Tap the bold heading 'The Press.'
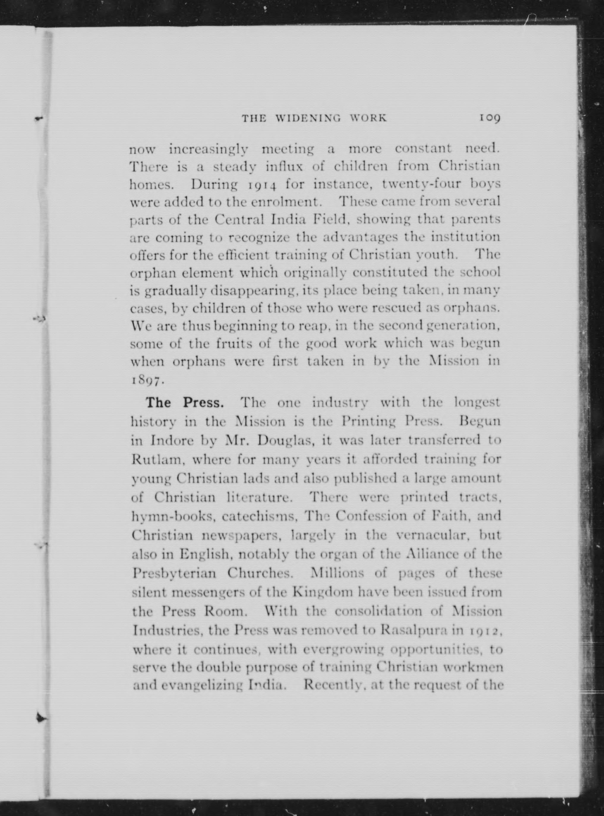pyautogui.click(x=184, y=403)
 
